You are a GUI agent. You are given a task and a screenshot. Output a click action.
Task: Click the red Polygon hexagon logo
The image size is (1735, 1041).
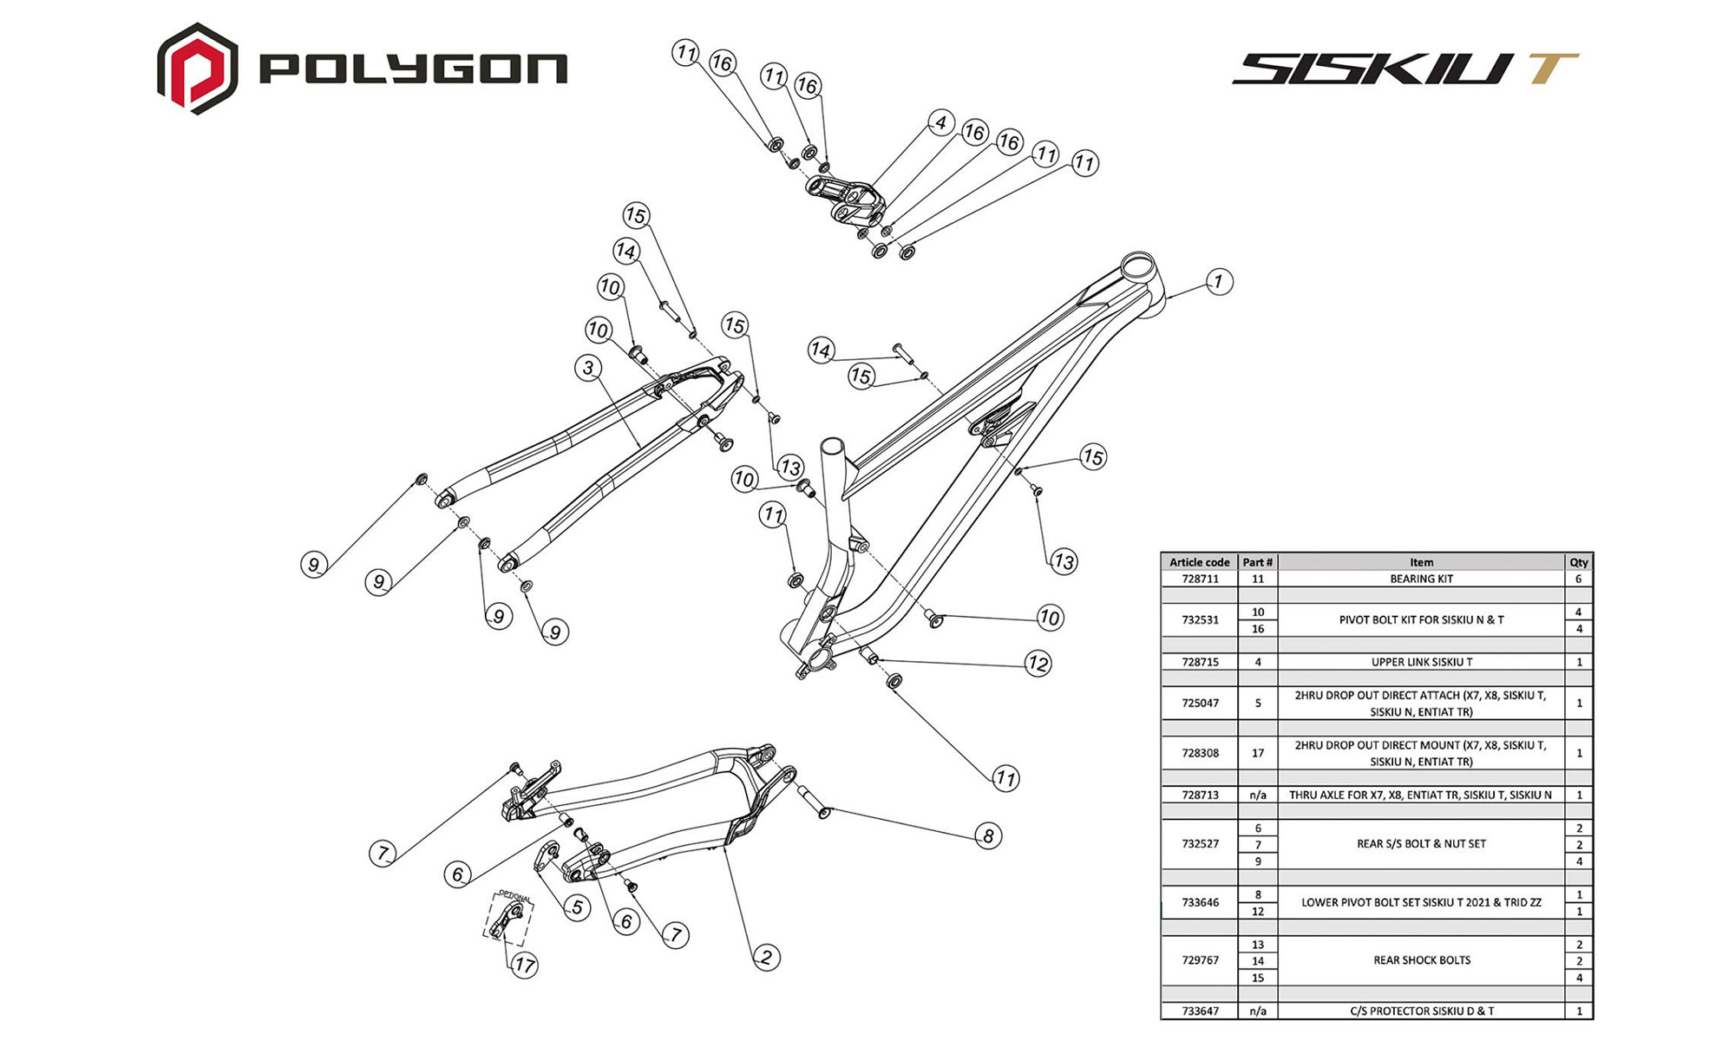197,69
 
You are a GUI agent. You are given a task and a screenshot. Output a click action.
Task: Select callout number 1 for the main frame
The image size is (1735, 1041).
1219,281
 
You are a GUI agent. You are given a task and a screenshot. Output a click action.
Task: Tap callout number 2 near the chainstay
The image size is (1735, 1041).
766,957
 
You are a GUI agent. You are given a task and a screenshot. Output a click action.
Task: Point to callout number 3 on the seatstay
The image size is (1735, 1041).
588,368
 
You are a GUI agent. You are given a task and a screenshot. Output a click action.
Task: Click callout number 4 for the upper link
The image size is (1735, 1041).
940,122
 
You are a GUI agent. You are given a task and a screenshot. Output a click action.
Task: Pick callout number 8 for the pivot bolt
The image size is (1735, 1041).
988,835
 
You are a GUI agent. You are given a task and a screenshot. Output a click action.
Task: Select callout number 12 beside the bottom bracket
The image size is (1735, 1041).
1038,664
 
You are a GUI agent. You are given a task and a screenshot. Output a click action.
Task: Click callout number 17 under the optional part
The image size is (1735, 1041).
524,965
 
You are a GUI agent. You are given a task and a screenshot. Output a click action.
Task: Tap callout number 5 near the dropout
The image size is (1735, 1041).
577,907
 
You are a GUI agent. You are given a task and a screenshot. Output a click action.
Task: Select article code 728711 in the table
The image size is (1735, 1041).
1200,579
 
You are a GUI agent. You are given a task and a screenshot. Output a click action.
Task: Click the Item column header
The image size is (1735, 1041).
1421,562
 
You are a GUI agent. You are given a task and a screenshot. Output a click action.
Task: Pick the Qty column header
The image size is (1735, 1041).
1578,562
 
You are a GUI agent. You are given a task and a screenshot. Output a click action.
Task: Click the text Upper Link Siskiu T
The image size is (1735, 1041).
1421,662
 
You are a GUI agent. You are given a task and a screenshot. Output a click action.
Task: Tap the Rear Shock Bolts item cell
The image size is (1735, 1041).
1421,960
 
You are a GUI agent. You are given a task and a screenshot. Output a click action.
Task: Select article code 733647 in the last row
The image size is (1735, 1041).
1200,1011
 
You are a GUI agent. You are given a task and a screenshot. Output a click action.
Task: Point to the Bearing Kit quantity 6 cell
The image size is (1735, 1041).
1578,579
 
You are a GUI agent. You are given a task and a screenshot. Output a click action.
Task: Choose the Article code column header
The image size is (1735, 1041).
1200,562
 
